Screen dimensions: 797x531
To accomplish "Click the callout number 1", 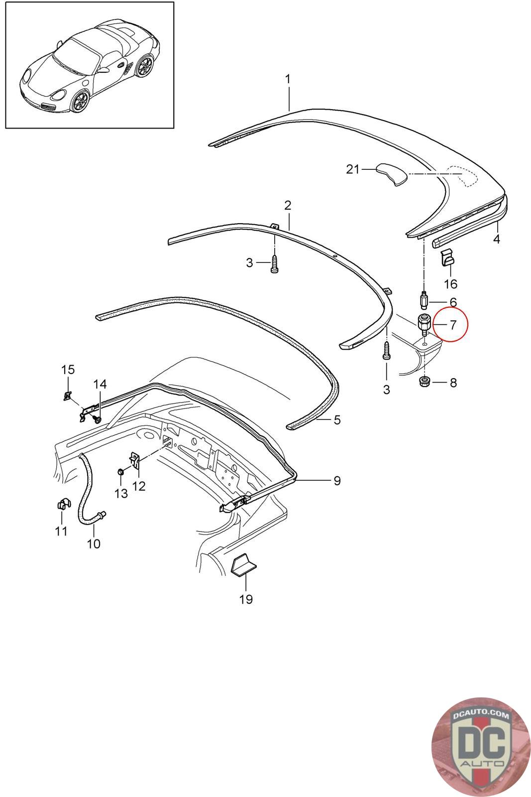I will point(288,79).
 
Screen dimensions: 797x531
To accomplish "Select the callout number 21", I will point(352,170).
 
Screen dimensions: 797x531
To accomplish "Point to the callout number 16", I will point(450,284).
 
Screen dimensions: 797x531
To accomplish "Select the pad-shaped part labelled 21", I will point(392,174).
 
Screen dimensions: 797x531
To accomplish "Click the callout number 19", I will point(246,599).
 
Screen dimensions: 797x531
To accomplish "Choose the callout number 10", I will point(94,543).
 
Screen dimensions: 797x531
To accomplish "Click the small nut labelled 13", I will point(120,471).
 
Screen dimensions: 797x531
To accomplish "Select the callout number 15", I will point(68,370).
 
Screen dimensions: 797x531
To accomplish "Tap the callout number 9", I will point(337,481).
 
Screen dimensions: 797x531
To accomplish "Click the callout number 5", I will point(337,420).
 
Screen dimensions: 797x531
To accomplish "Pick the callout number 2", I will point(288,205).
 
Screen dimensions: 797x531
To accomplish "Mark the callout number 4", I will point(496,240).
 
